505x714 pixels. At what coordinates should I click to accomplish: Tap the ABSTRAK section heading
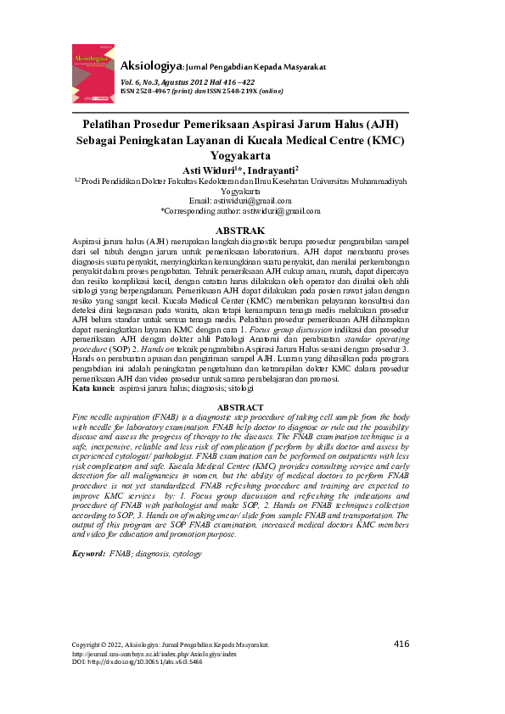click(241, 230)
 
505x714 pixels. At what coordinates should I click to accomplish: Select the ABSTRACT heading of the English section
click(241, 408)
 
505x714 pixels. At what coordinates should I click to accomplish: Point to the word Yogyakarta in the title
click(241, 155)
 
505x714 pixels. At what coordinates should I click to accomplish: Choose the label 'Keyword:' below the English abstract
click(88, 554)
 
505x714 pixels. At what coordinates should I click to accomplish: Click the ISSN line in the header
click(200, 90)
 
